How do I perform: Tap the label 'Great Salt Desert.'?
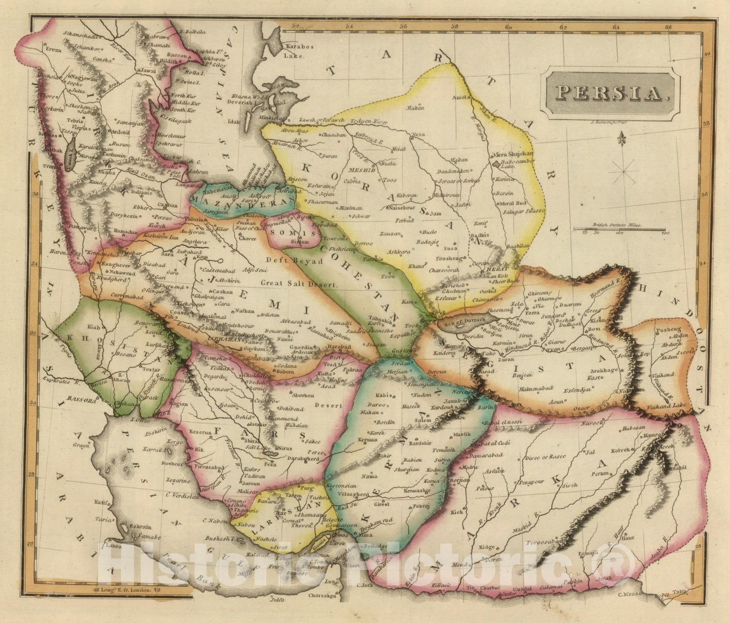pos(299,284)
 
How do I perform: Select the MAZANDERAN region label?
pos(243,200)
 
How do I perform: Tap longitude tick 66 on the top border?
pos(669,27)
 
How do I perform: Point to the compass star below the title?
pos(626,172)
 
